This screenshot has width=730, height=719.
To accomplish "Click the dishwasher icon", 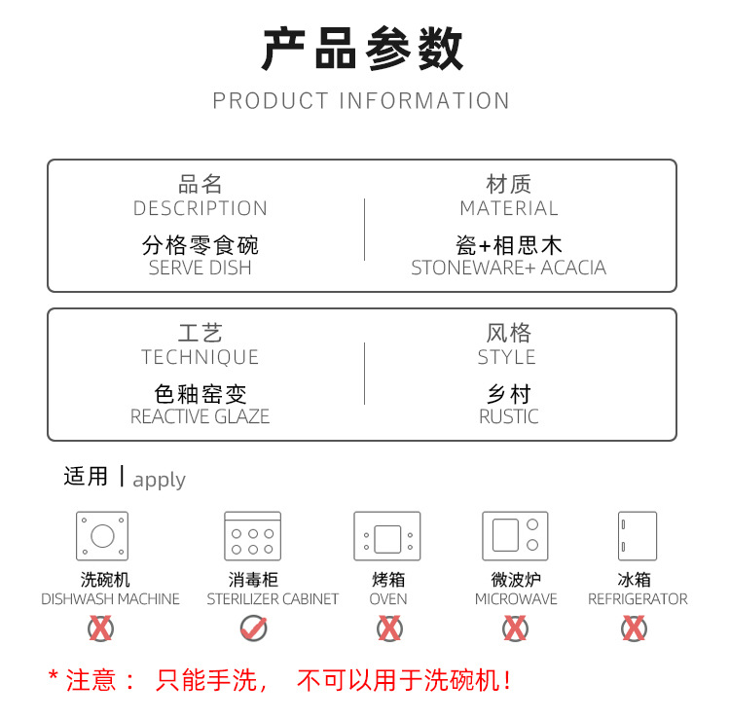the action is click(x=102, y=536).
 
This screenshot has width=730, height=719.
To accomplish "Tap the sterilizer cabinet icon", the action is click(x=252, y=536).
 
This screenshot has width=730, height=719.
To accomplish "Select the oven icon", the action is click(x=386, y=536).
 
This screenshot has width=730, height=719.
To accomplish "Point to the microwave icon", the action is click(x=515, y=536).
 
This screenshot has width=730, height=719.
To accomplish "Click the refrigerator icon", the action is click(x=637, y=536).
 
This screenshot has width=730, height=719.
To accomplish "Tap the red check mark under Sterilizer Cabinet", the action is click(x=254, y=628).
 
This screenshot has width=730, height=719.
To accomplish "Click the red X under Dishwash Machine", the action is click(x=100, y=628).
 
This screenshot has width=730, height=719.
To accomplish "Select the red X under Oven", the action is click(x=389, y=628).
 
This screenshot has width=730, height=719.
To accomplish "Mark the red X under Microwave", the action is click(x=515, y=628).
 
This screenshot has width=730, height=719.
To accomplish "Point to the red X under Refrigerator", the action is click(x=634, y=628).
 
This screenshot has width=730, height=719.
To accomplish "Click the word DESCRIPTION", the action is click(x=201, y=208).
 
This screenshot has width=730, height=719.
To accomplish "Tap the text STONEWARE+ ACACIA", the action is click(x=508, y=268).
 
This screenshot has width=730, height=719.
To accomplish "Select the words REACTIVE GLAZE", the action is click(x=201, y=416).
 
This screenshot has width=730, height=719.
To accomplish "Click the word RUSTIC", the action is click(x=509, y=416).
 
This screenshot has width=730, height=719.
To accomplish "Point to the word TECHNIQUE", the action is click(x=201, y=357).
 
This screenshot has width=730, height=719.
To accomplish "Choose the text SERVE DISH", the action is click(x=201, y=268).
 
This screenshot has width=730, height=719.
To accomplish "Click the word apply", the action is click(x=160, y=481).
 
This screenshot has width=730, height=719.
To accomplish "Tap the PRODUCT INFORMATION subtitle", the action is click(x=361, y=100).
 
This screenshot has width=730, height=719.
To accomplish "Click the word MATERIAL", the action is click(x=509, y=208).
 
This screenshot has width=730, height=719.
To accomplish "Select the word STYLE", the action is click(x=507, y=357).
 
